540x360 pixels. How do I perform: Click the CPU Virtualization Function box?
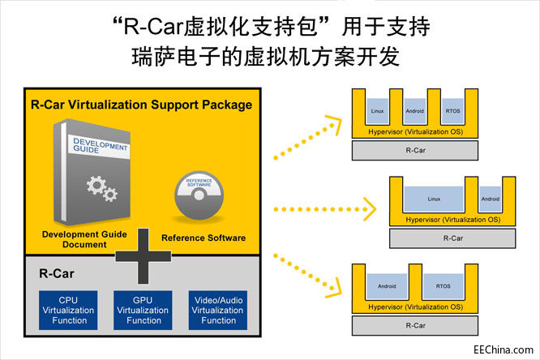[x=69, y=309]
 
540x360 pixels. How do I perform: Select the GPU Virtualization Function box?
[x=144, y=309]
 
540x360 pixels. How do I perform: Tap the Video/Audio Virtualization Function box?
[x=218, y=309]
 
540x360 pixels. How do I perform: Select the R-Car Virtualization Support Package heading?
[x=141, y=105]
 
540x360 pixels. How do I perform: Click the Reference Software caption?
[x=204, y=238]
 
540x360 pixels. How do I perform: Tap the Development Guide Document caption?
[x=80, y=238]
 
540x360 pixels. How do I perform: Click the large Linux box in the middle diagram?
[x=433, y=199]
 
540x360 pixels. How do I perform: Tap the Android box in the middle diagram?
[x=490, y=199]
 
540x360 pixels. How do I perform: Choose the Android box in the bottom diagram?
[x=385, y=285]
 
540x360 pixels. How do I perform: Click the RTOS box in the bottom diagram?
[x=444, y=285]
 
